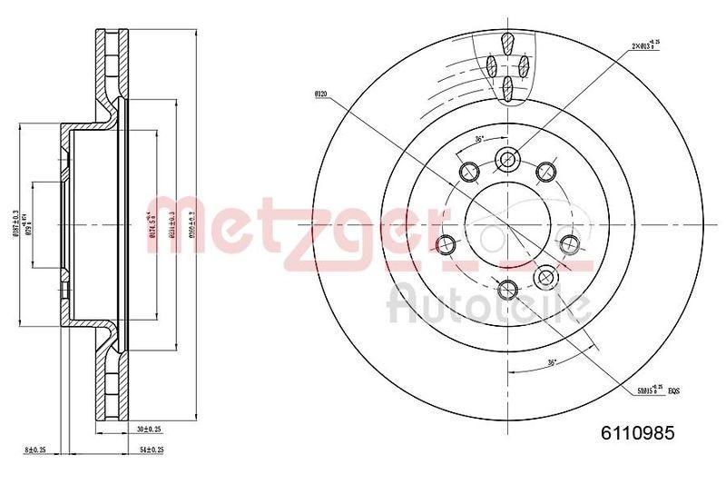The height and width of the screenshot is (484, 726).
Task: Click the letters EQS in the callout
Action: pyautogui.click(x=673, y=390)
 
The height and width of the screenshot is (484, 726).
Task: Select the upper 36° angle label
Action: pyautogui.click(x=480, y=139)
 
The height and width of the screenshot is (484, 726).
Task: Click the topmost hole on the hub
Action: pyautogui.click(x=507, y=160)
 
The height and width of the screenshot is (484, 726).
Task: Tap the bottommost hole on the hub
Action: pyautogui.click(x=507, y=290)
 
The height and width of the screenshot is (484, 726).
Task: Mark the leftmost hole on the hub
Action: pyautogui.click(x=446, y=243)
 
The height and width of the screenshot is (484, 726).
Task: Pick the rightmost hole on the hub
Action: pyautogui.click(x=570, y=243)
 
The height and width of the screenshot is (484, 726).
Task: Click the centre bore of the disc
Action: pyautogui.click(x=507, y=224)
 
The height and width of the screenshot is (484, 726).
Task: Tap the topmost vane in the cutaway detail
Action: pyautogui.click(x=507, y=44)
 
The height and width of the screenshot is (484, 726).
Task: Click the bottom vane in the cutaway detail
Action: pyautogui.click(x=507, y=87)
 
